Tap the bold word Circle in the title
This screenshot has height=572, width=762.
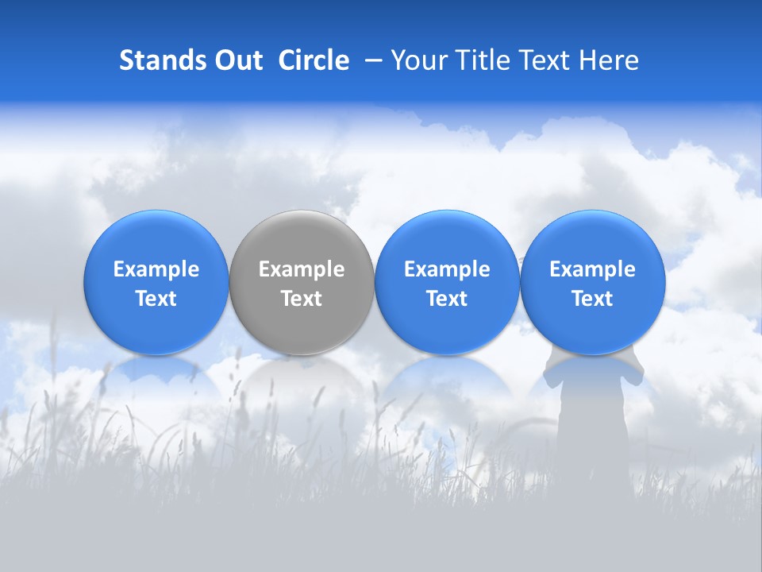point(314,60)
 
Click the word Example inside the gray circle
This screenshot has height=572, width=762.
point(302,269)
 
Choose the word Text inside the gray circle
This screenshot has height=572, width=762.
point(302,299)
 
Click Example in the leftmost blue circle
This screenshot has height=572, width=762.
point(156,269)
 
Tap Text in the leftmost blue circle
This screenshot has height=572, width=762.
point(156,299)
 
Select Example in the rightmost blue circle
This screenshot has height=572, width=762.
point(592,269)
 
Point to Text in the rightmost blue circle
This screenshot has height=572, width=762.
point(592,299)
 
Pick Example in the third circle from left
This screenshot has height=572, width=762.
point(447,269)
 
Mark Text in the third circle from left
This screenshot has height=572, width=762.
point(447,299)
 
